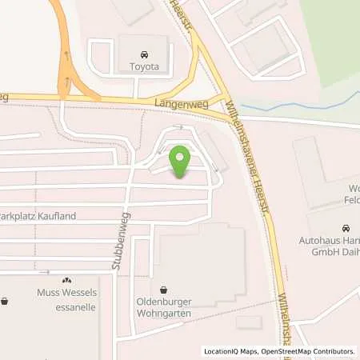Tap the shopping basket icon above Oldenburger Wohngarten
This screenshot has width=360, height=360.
point(164,290)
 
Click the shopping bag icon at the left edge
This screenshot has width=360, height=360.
point(5,302)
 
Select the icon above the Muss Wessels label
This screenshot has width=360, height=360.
point(67,280)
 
